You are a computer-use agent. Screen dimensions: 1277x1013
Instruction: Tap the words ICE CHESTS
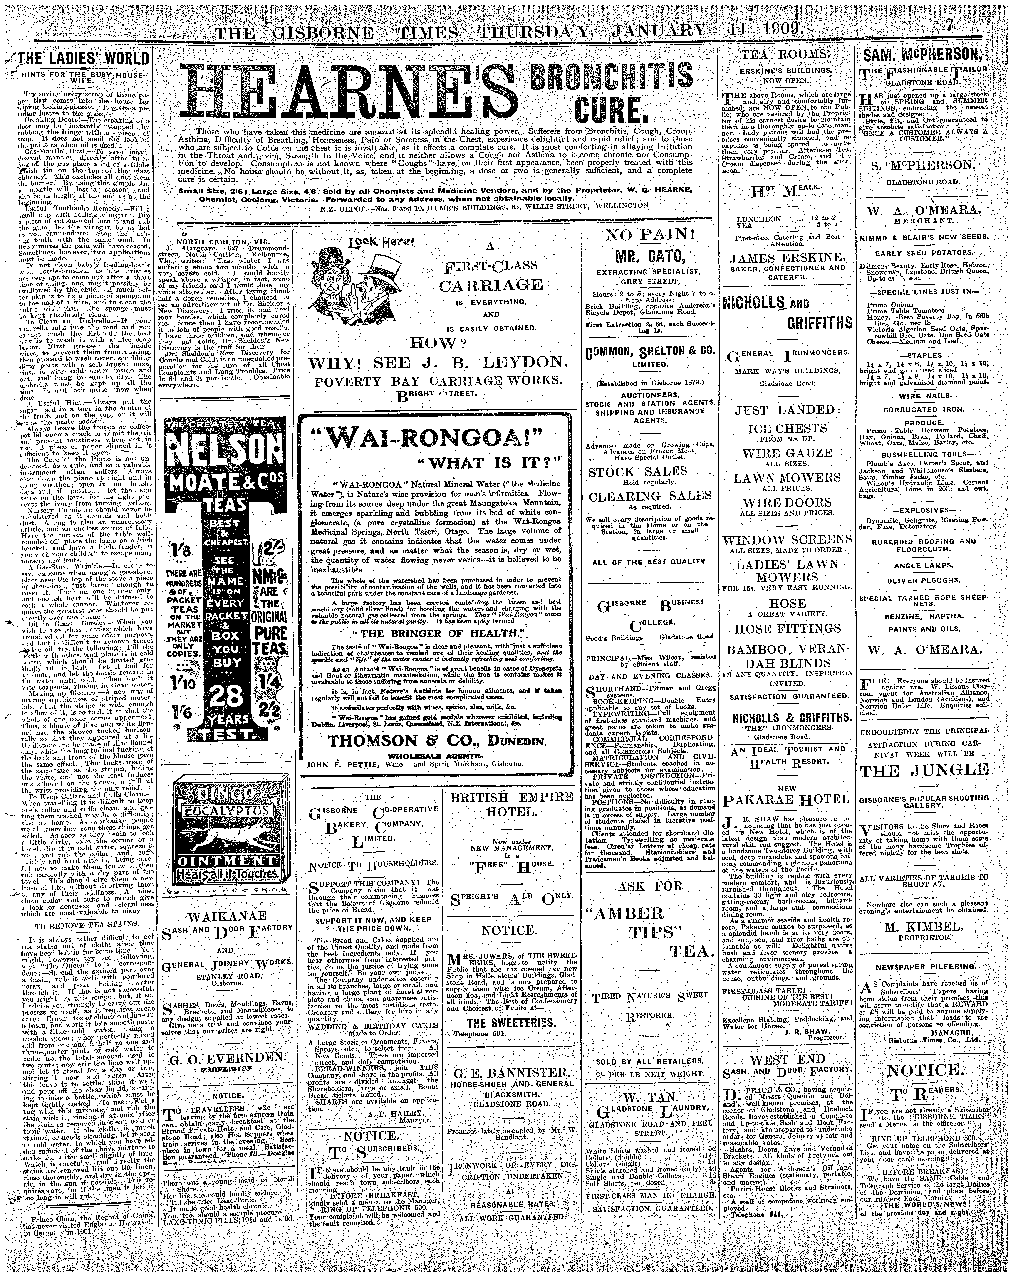(787, 428)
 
